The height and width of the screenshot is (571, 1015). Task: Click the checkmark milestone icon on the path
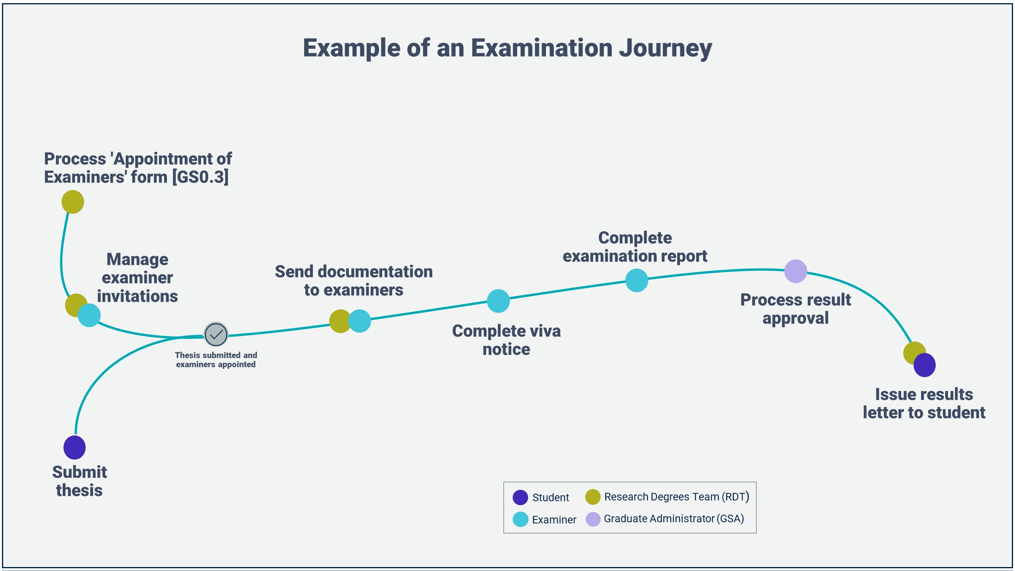216,334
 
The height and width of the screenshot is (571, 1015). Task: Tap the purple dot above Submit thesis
75,447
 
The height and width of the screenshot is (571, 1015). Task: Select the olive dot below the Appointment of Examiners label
73,202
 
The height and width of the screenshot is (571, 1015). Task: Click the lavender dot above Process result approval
795,271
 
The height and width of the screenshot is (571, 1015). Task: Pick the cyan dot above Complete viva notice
498,301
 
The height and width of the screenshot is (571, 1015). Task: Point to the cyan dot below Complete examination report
636,280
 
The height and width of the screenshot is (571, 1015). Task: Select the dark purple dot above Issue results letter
925,365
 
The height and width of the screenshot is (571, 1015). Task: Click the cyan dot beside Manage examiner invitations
90,315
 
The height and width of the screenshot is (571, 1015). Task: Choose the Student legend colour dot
520,497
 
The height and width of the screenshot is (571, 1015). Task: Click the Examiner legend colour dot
520,519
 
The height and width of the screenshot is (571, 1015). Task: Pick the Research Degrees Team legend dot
593,497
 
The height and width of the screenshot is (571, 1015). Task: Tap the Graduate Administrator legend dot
593,519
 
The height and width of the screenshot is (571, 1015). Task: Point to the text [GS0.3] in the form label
200,177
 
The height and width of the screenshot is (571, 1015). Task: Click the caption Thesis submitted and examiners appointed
216,360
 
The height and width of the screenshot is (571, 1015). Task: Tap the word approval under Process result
795,318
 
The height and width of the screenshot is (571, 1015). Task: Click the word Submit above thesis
79,472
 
